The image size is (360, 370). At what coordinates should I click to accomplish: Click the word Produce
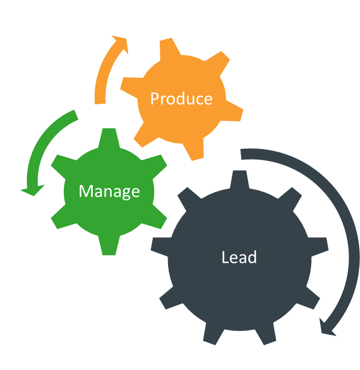coord(181,98)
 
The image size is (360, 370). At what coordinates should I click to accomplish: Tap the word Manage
coord(109,191)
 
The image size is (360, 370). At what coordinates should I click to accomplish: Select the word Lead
coord(239,257)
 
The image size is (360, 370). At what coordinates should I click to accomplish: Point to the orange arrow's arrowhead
coord(121,43)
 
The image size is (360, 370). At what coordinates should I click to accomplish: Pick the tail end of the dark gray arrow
coord(244,154)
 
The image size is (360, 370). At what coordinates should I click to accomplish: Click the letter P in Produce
coord(155,98)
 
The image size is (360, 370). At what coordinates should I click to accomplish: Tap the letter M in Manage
coord(86,191)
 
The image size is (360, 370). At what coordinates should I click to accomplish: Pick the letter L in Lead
coord(225,257)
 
